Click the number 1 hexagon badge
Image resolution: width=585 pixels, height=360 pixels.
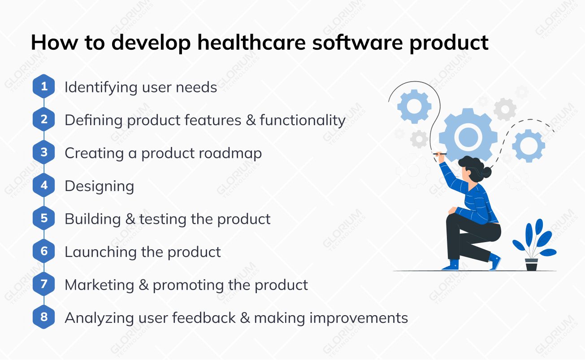click(44, 87)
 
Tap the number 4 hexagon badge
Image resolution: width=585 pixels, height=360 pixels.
click(44, 185)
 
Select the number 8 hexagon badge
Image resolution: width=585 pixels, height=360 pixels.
click(44, 317)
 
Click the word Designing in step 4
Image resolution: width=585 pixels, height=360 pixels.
click(99, 186)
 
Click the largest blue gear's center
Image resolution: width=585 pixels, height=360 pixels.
click(468, 135)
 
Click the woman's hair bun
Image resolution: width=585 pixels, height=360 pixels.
click(487, 172)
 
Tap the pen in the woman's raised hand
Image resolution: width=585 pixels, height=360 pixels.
click(439, 154)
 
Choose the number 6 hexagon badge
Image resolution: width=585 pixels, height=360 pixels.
click(44, 251)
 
